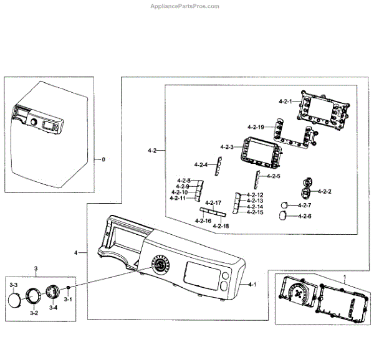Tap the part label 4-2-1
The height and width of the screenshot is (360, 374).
click(x=286, y=100)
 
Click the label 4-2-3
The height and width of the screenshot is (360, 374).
click(x=227, y=146)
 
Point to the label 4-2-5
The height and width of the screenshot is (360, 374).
click(x=272, y=176)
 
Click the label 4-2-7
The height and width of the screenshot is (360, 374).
click(x=304, y=205)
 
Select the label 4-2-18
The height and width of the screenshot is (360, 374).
click(x=221, y=225)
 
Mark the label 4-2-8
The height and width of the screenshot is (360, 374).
click(x=183, y=181)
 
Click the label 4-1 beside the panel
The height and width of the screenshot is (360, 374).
click(x=252, y=284)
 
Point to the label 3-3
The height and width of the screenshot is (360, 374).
click(x=14, y=284)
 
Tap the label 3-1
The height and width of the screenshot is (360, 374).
click(x=69, y=300)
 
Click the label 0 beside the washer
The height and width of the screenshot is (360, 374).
click(x=103, y=159)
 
